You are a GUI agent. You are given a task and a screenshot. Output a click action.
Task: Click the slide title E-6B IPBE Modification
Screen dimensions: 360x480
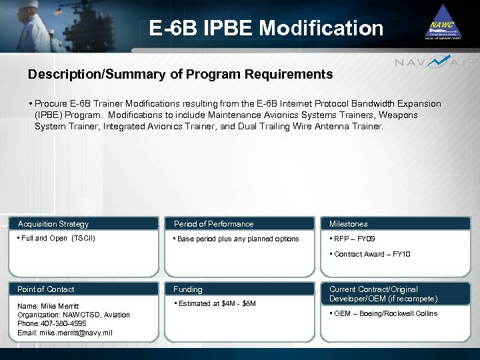tap(266, 28)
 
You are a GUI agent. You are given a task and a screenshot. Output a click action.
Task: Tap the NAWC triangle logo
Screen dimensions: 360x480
tap(443, 24)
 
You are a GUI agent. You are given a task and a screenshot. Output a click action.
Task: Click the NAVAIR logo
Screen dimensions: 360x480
tap(436, 63)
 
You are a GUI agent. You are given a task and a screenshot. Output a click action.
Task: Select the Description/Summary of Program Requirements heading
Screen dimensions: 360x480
tap(180, 75)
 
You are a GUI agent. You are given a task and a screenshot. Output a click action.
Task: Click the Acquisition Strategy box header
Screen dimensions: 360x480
tap(53, 224)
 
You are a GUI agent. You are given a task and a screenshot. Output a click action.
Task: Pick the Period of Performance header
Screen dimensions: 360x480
tap(213, 224)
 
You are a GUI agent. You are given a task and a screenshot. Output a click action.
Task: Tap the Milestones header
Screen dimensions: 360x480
tap(348, 224)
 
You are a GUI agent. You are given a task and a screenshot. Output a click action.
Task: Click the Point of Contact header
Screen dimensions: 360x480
tap(46, 289)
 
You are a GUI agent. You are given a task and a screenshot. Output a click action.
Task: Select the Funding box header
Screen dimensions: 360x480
tap(188, 289)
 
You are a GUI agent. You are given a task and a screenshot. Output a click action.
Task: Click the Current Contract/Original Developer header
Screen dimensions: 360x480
tap(383, 294)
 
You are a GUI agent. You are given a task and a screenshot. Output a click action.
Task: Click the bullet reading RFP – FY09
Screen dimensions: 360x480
tap(353, 239)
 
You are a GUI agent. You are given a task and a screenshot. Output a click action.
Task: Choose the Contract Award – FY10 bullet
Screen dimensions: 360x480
tap(371, 254)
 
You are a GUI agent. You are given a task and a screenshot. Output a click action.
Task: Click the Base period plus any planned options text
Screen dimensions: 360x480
tap(237, 239)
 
